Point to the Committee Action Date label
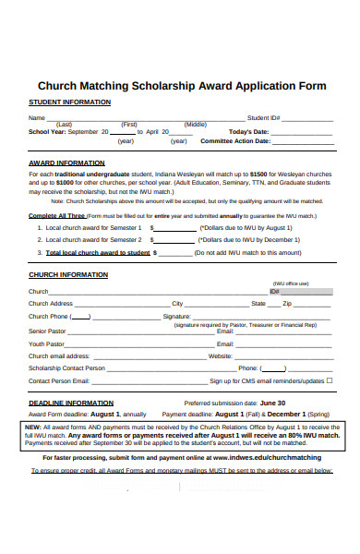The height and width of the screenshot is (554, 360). (235, 141)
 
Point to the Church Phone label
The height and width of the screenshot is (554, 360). (48, 317)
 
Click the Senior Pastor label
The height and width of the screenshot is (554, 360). (47, 330)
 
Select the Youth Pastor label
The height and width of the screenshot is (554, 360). (46, 343)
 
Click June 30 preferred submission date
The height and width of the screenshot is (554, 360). (272, 403)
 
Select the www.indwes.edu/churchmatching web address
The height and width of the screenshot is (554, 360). (268, 457)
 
